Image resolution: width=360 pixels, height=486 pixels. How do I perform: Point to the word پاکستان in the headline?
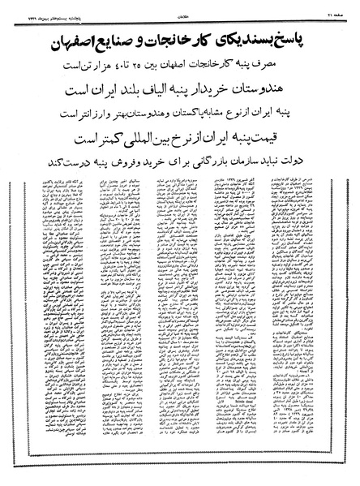click(x=188, y=103)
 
